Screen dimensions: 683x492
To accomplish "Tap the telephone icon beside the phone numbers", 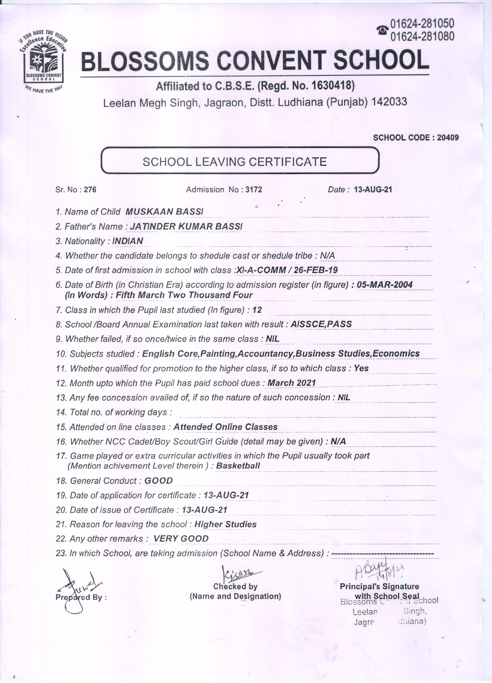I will pyautogui.click(x=382, y=30).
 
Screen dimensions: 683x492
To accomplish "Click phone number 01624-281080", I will pyautogui.click(x=422, y=36).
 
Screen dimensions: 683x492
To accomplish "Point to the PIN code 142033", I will pyautogui.click(x=389, y=102).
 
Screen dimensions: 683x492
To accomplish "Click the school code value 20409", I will pyautogui.click(x=448, y=138).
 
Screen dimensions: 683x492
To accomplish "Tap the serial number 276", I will pyautogui.click(x=90, y=190).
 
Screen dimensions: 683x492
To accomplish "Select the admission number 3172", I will pyautogui.click(x=254, y=190).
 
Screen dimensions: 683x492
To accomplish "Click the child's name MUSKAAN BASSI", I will pyautogui.click(x=164, y=212).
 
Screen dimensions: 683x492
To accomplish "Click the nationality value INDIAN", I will pyautogui.click(x=128, y=241).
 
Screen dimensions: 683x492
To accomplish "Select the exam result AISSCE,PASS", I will pyautogui.click(x=321, y=324).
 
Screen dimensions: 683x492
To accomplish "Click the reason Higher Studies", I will pyautogui.click(x=225, y=524).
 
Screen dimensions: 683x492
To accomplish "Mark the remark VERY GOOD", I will pyautogui.click(x=181, y=539).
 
